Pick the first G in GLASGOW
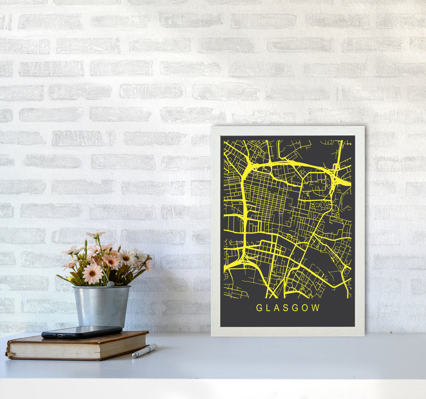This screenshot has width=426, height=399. (x=259, y=308)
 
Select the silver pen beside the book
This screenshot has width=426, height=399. (x=144, y=351)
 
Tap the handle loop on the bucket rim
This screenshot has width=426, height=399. (x=110, y=284)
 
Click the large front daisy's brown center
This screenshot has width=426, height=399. (x=92, y=273)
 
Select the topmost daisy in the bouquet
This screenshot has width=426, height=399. (x=96, y=235)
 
